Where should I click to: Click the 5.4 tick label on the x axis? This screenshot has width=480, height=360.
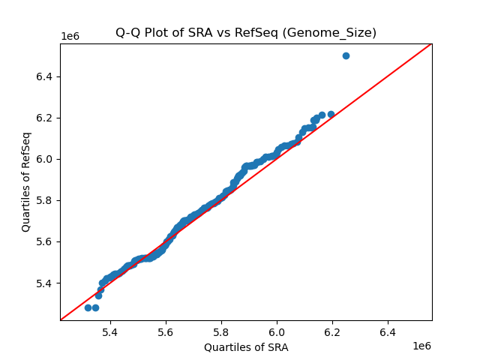click(x=110, y=331)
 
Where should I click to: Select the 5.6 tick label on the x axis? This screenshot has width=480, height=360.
click(x=166, y=331)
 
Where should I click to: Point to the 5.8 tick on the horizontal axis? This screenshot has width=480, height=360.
click(x=221, y=331)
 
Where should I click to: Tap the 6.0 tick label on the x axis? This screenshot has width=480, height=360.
click(x=277, y=331)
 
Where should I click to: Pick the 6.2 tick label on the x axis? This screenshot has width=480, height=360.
click(x=332, y=331)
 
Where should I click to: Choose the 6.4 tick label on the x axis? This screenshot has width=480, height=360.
click(x=388, y=331)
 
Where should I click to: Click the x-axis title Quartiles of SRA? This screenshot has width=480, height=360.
click(x=246, y=347)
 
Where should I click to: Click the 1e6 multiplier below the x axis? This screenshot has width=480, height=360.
click(x=421, y=346)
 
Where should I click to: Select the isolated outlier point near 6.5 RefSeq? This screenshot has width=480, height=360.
click(x=346, y=55)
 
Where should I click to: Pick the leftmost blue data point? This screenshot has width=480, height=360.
click(x=88, y=307)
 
